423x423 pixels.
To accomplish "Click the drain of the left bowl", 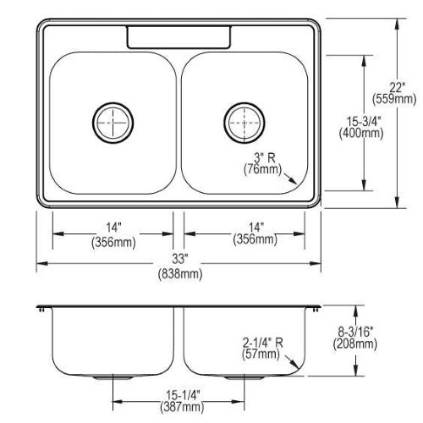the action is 113,123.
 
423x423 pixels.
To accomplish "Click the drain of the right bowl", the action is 244,123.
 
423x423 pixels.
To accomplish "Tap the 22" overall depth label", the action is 397,88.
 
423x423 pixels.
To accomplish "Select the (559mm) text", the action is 394,99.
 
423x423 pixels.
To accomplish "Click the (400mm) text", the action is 361,133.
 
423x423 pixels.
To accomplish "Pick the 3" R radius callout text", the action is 265,158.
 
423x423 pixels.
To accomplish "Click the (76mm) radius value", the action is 262,169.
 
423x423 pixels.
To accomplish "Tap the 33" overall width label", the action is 180,259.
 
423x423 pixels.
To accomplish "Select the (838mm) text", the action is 180,273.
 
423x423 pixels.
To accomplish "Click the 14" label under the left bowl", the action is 113,228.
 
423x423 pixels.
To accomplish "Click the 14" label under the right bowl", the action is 256,228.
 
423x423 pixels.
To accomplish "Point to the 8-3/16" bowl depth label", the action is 355,332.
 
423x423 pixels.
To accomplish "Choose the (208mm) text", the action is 355,343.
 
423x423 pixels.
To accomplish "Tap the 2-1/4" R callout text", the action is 262,343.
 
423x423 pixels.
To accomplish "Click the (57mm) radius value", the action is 261,354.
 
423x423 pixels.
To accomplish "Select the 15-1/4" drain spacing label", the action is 183,395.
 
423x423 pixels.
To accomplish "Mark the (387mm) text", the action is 182,407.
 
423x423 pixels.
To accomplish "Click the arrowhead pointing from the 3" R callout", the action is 294,181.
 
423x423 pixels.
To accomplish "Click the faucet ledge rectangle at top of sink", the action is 179,37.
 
